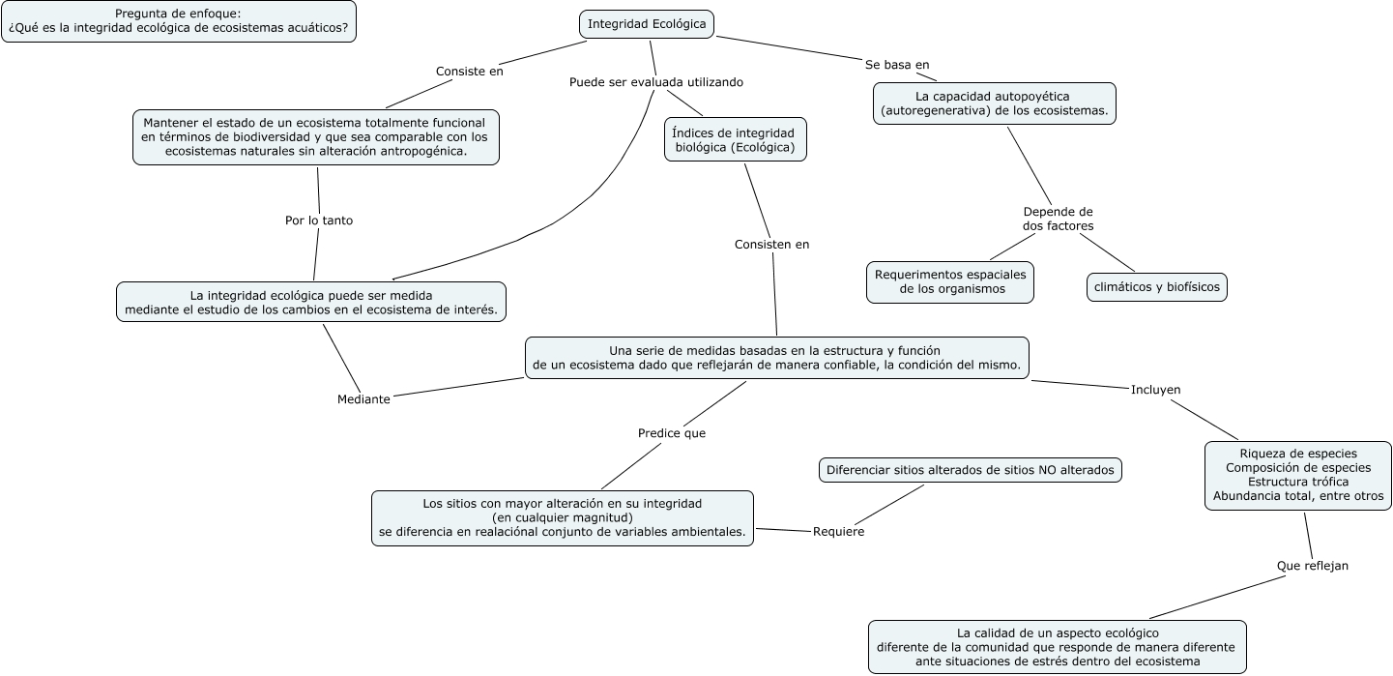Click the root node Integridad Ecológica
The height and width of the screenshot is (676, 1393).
647,24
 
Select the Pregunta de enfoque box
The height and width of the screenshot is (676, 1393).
178,21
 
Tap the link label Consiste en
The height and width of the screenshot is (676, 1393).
470,71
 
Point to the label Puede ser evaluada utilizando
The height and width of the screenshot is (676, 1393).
656,82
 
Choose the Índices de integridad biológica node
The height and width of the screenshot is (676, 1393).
735,140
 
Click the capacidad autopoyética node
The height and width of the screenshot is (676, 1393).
994,103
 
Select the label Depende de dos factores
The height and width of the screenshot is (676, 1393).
1058,219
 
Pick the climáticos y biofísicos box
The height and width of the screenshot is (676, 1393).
1157,287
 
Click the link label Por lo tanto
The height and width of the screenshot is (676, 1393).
319,220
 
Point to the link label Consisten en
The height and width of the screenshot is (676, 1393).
771,245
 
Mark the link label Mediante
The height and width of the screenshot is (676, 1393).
363,399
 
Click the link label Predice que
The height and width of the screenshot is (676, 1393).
672,433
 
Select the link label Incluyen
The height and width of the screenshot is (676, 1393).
1155,390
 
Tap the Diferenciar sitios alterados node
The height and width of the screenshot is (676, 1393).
970,471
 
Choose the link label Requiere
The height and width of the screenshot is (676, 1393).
838,531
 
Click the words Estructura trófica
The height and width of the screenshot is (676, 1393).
1297,482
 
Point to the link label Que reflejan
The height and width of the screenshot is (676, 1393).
1312,566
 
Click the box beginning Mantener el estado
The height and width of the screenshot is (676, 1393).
315,137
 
